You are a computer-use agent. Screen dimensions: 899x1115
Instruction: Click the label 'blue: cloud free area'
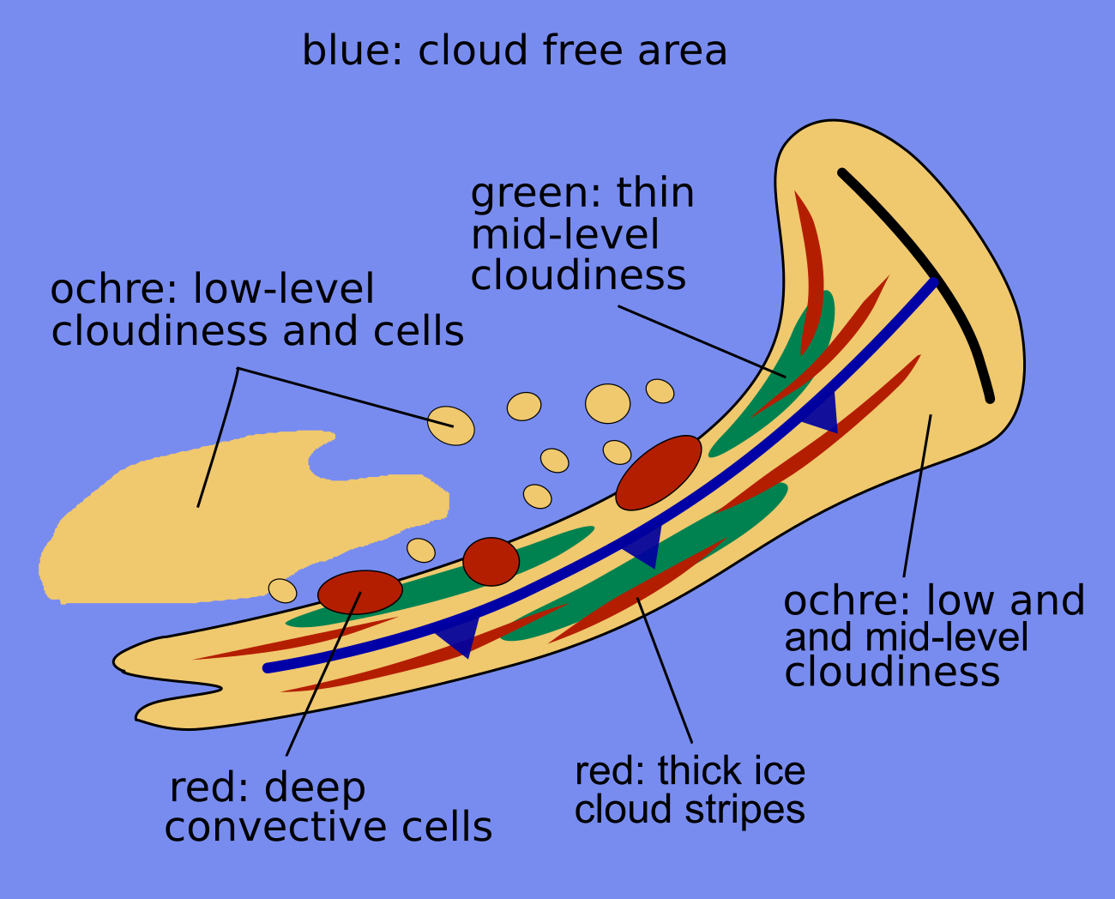[515, 51]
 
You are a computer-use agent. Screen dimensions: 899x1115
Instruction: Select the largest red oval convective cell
[659, 473]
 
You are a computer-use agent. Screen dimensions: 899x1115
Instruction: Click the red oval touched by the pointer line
[359, 592]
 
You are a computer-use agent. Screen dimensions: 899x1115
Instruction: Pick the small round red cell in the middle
[491, 562]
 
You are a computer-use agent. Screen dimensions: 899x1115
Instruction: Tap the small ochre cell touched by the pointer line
[451, 425]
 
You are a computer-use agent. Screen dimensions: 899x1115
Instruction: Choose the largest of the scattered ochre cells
[607, 403]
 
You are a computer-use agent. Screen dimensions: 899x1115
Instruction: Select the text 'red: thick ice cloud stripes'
[690, 790]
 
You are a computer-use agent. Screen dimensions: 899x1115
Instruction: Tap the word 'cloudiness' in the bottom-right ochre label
[892, 672]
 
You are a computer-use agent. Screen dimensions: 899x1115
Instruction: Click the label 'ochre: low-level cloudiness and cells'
[257, 311]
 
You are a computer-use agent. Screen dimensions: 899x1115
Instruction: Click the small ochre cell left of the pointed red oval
[282, 590]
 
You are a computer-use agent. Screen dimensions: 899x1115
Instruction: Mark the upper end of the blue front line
[933, 281]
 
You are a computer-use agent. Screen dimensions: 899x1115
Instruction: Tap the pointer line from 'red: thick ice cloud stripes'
[665, 669]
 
